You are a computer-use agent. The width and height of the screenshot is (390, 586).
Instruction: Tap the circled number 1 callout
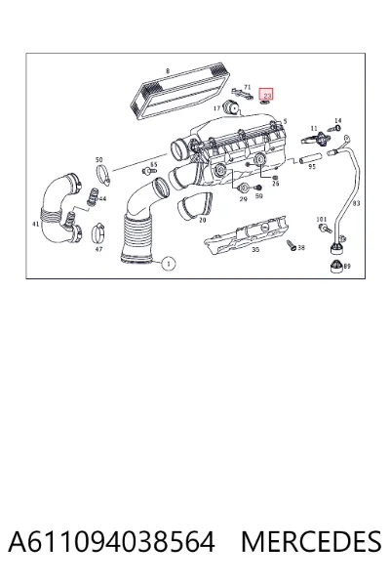(x=169, y=264)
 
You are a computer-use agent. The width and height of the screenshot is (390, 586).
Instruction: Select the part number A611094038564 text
(x=111, y=541)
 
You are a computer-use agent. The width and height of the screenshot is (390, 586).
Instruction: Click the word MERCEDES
(x=311, y=541)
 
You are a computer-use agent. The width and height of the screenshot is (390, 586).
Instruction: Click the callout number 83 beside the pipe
(x=356, y=203)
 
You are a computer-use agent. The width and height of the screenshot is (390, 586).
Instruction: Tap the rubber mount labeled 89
(x=337, y=267)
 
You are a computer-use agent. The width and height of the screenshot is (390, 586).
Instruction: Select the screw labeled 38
(x=292, y=245)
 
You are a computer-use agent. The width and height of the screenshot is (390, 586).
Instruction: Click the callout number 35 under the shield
(x=255, y=249)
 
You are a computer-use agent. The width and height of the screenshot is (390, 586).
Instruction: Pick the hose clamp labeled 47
(x=98, y=232)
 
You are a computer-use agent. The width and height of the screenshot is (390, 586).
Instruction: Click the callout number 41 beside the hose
(x=36, y=225)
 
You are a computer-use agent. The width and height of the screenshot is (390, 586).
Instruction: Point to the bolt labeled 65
(x=149, y=171)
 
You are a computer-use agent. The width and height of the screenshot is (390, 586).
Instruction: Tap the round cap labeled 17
(x=231, y=107)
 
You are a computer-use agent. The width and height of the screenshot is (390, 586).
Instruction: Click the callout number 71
(x=247, y=87)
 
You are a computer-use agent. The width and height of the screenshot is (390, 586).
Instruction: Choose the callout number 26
(x=275, y=184)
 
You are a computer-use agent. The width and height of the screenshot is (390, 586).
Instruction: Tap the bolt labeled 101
(x=325, y=229)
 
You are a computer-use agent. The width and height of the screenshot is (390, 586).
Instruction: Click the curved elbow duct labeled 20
(x=195, y=205)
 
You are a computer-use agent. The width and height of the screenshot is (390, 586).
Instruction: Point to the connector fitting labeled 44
(x=92, y=196)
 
